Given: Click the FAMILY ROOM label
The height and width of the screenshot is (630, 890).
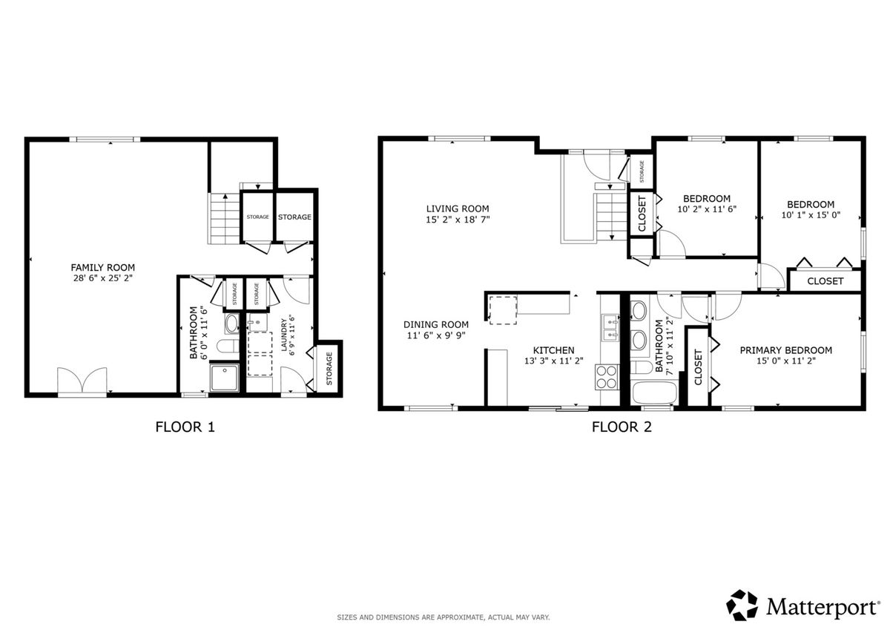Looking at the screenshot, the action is point(102,267).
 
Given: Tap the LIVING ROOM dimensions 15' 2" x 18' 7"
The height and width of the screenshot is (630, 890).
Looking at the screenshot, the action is point(458,220).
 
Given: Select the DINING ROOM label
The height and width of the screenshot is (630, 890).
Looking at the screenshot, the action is point(436,324).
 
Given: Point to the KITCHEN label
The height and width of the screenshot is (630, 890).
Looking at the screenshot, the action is point(553,350).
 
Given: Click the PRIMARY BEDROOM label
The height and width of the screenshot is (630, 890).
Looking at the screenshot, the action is point(785,350).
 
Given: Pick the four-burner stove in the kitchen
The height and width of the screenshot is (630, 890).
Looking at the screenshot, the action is point(607,377).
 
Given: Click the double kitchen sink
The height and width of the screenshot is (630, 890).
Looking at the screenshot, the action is point(611,328).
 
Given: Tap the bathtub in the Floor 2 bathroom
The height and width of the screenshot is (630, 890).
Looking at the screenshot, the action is point(654,393).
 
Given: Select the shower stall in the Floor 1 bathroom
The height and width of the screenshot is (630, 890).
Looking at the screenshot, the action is point(225,377).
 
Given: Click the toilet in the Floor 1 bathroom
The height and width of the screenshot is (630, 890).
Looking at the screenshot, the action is point(228,346).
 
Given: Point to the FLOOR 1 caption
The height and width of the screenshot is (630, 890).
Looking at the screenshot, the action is point(185,427).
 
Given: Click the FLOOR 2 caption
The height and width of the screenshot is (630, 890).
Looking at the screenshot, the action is point(622,427).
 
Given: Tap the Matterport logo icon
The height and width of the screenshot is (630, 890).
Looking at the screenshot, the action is point(742,606).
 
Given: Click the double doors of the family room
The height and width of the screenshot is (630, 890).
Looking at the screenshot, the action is point(82,381).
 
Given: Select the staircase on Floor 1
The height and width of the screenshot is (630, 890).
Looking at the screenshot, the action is point(225,218).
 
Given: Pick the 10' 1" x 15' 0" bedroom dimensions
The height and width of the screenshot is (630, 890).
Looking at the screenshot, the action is point(811,215).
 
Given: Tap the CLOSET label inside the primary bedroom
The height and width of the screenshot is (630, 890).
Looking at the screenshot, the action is point(698,367).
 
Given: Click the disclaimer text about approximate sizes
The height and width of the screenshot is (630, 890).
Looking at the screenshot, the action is point(444,617).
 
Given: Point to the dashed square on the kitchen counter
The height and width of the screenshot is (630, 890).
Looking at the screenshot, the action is point(503,310).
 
